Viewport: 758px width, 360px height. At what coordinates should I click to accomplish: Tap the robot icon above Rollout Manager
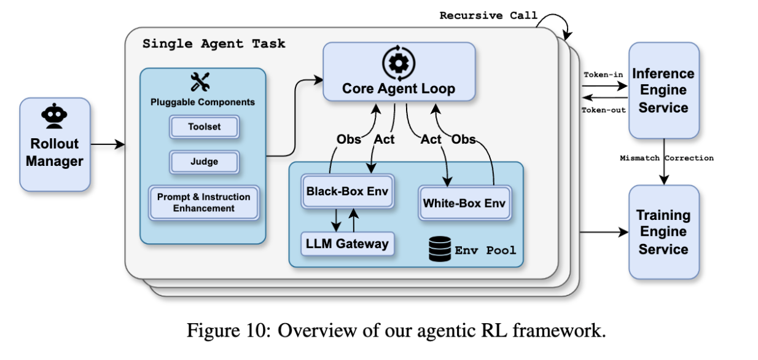pos(55,117)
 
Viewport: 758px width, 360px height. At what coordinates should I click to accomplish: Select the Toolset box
pos(204,127)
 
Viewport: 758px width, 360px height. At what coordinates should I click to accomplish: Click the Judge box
pos(204,162)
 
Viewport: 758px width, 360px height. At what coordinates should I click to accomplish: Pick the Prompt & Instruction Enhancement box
pos(203,203)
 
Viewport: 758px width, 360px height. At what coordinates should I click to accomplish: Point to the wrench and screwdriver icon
pos(200,82)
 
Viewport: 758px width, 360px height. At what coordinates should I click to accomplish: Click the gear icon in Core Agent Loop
pos(399,63)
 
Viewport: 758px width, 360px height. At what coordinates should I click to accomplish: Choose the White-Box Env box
pos(464,202)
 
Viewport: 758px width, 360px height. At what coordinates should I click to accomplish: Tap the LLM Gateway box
pos(347,244)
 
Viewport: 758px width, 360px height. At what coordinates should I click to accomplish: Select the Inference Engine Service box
pos(663,90)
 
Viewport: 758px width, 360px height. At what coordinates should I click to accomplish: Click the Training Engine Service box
pos(663,232)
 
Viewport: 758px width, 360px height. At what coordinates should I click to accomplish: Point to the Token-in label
pos(602,75)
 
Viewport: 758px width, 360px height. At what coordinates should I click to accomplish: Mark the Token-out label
pos(603,109)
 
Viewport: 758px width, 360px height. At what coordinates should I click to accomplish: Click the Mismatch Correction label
pos(666,158)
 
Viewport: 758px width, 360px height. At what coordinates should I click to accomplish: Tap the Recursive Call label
pos(488,15)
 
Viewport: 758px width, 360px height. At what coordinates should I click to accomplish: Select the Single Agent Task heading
pos(214,44)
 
